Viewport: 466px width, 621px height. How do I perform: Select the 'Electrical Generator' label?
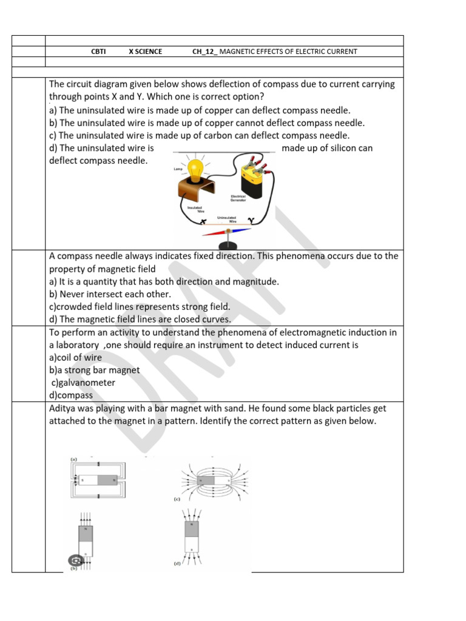click(238, 198)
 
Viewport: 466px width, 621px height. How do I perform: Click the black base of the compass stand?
click(229, 245)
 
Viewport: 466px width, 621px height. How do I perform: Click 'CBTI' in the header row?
click(98, 52)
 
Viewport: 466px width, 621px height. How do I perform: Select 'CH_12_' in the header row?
click(204, 52)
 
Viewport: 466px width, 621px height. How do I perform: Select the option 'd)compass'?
click(71, 395)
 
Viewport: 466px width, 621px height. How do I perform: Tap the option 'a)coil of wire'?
click(75, 357)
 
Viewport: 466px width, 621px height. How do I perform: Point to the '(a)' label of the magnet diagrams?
click(73, 459)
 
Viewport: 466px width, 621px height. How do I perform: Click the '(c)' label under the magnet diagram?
click(177, 500)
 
